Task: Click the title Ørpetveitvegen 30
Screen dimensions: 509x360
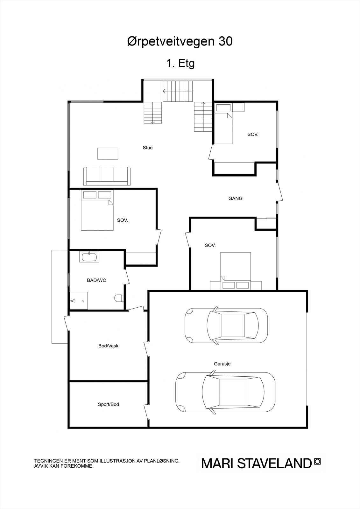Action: pos(180,41)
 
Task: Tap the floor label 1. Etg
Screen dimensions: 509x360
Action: pos(180,63)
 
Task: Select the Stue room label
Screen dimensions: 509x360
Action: pos(147,148)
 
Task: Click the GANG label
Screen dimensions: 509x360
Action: pos(235,199)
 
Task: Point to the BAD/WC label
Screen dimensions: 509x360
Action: pos(96,280)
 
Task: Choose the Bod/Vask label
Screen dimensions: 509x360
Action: pos(108,346)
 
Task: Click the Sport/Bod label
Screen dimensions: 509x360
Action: pos(108,404)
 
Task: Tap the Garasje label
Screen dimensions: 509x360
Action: pos(222,364)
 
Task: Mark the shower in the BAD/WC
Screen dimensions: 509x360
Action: pos(78,300)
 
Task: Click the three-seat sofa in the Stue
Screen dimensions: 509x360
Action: pos(107,176)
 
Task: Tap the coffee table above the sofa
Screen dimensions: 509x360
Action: pos(108,154)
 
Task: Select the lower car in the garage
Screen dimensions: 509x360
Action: pos(225,392)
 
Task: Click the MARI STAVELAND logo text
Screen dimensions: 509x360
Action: pos(256,463)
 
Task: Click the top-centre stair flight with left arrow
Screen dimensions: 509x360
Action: pos(178,91)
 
